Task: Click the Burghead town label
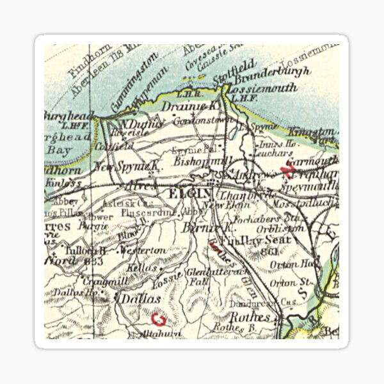click(66, 116)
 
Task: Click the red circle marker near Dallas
click(157, 317)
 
